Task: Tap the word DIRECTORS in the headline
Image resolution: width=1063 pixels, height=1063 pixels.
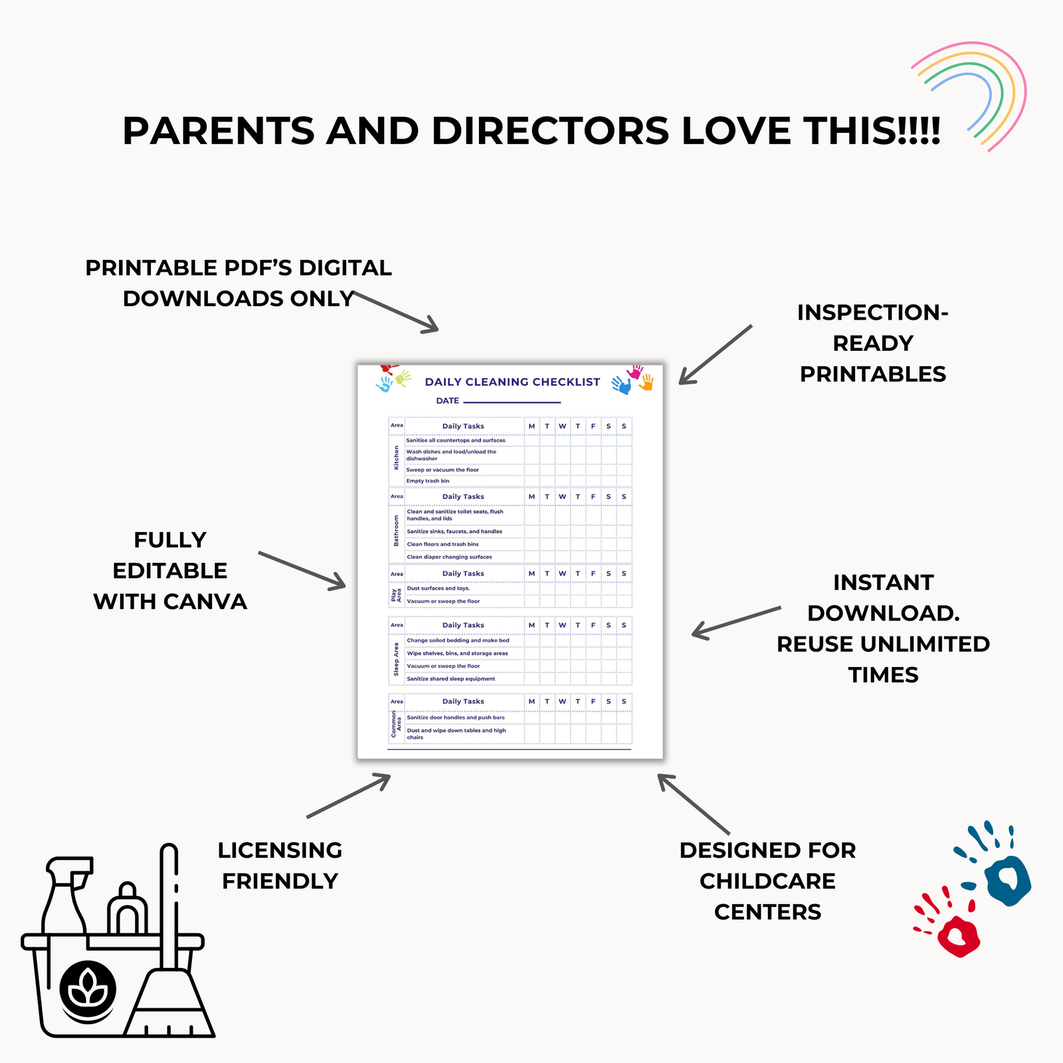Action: (x=550, y=130)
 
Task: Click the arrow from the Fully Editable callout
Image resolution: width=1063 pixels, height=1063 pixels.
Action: (x=302, y=570)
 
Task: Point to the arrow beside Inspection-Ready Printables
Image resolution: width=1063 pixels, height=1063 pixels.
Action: (x=716, y=355)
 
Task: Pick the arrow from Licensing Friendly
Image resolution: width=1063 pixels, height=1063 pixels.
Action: (x=349, y=795)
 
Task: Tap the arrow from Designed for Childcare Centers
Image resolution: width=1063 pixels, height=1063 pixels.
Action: (x=694, y=804)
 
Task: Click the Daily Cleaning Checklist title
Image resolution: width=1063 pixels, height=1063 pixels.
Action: (x=512, y=382)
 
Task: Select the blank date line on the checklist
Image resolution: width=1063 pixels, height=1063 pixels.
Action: (x=512, y=402)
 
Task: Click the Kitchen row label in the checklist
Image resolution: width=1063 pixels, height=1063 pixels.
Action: (x=397, y=458)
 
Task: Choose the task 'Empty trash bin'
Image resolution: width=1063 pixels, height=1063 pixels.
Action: (x=428, y=481)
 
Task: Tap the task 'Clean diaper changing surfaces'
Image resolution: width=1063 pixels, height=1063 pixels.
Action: (x=449, y=557)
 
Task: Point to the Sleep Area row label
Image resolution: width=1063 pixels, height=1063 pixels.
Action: (x=396, y=659)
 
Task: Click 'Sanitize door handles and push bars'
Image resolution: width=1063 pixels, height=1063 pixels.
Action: (x=456, y=718)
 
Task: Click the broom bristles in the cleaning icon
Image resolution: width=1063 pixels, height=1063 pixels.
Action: (x=169, y=1003)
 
